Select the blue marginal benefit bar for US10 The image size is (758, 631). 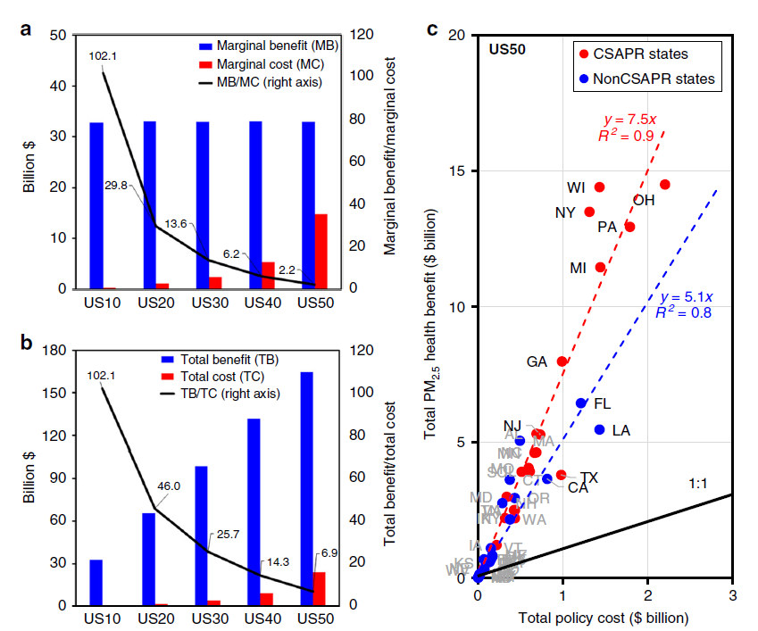(96, 205)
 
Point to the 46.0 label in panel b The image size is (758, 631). (169, 486)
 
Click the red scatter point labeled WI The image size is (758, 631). (599, 187)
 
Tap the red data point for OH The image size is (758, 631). (664, 184)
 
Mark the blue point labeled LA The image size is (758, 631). (600, 429)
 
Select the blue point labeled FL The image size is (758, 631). (581, 403)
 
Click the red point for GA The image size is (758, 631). (562, 361)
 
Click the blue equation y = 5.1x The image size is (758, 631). (687, 297)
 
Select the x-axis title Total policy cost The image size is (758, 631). (604, 617)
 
